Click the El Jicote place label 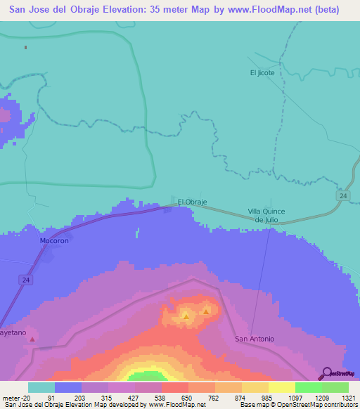click(x=262, y=72)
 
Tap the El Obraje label click(x=192, y=202)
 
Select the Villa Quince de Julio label click(x=269, y=215)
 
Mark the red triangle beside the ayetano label click(x=32, y=339)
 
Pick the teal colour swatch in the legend click(x=41, y=387)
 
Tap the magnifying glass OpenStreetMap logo click(x=326, y=372)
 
